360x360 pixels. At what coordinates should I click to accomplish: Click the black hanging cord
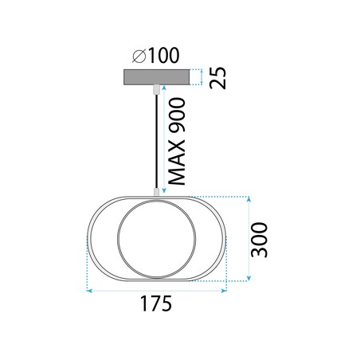point(155,143)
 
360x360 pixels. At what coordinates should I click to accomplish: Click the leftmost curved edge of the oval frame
point(87,238)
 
